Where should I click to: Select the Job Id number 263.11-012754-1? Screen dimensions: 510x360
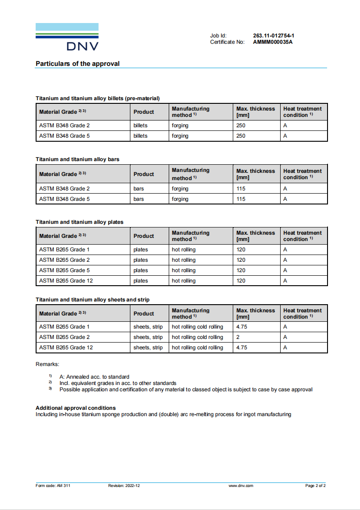pos(274,36)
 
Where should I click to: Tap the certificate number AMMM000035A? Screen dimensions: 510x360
pos(273,42)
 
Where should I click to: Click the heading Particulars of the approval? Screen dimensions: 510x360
pos(78,64)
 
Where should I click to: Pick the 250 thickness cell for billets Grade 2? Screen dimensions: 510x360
pos(241,125)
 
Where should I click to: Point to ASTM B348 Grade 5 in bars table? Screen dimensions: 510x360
pos(65,199)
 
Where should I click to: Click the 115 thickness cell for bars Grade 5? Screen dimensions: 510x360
pos(241,199)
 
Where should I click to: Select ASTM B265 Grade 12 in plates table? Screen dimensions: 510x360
pos(66,281)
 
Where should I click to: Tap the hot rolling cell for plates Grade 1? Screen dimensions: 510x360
pos(184,250)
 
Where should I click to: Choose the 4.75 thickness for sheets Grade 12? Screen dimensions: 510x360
pos(242,348)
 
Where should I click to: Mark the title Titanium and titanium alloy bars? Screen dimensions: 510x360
pos(78,159)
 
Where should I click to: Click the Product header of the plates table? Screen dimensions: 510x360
pos(143,236)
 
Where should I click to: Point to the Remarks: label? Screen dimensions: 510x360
pos(47,364)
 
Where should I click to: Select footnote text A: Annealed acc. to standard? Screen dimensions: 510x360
pos(94,377)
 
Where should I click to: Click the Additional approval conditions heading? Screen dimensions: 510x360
pos(76,408)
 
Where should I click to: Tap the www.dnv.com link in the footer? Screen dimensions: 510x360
pos(241,486)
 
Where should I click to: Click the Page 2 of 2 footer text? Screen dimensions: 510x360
pos(315,486)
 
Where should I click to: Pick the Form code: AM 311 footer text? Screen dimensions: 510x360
pos(53,486)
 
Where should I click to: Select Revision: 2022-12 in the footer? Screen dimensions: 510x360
pos(124,486)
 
